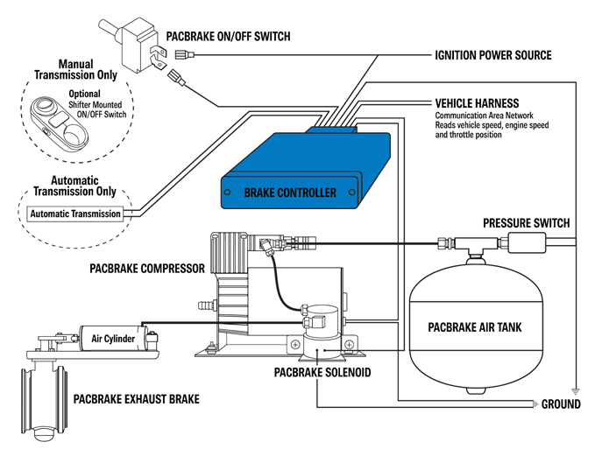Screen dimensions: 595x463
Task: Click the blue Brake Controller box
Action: tap(306, 171)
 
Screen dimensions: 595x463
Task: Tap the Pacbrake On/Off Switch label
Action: tap(228, 37)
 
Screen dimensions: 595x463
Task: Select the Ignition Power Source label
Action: tap(493, 55)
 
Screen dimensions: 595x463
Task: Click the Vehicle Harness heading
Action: tap(477, 103)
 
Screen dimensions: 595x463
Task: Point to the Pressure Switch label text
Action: tap(527, 223)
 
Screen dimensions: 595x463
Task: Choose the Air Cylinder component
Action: tap(113, 338)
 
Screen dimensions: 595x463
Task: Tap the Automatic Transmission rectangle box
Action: tap(75, 214)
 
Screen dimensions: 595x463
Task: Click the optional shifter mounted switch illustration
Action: tap(60, 126)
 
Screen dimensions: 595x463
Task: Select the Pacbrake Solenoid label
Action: tap(322, 373)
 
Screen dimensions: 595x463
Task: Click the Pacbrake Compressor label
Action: tap(147, 269)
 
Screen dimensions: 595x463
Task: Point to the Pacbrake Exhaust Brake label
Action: tap(136, 399)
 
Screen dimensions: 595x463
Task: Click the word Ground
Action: tap(561, 404)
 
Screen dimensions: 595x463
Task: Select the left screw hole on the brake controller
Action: tap(227, 192)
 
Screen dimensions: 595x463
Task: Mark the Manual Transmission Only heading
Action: tap(76, 69)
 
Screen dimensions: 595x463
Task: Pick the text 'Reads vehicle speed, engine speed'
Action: tap(492, 125)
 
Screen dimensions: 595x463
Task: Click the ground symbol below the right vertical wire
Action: tap(576, 392)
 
